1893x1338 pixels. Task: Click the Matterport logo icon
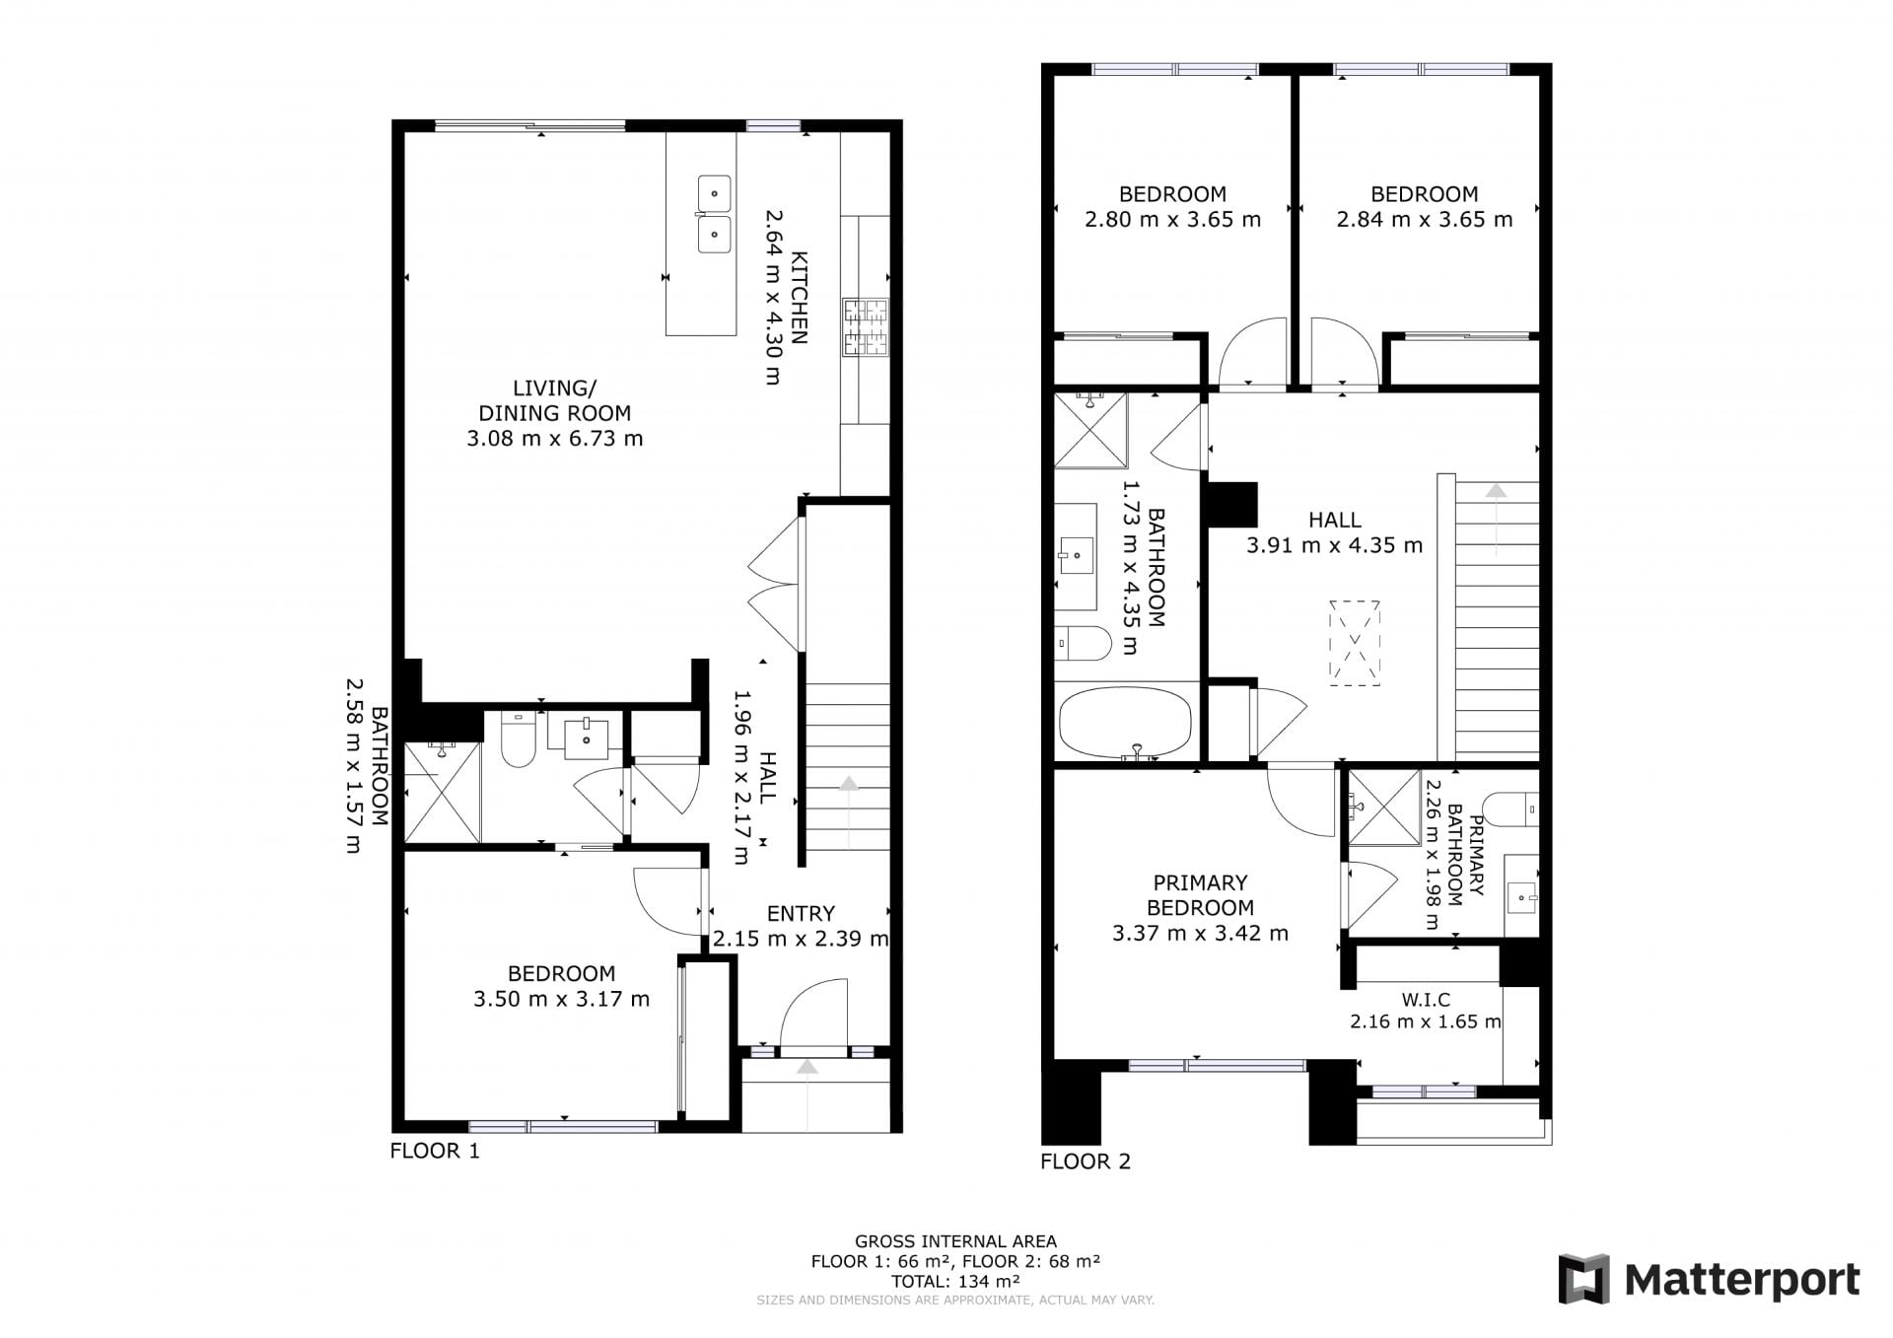(x=1583, y=1279)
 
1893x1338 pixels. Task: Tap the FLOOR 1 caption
(x=435, y=1151)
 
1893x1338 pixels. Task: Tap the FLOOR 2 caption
(x=1086, y=1162)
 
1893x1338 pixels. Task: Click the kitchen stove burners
(x=865, y=326)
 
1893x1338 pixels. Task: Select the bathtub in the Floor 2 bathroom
(x=1125, y=722)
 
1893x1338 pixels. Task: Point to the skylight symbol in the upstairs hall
(x=1356, y=643)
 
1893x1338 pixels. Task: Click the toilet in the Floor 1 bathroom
(x=518, y=739)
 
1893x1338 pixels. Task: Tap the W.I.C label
(x=1426, y=1000)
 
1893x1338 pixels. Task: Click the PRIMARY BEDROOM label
(x=1200, y=895)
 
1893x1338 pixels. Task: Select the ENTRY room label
(x=801, y=914)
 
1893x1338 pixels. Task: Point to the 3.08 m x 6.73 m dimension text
(x=555, y=439)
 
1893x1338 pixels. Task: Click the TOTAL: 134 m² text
(x=955, y=1282)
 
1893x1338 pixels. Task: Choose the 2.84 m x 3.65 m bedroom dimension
(x=1425, y=219)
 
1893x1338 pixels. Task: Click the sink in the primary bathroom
(x=1523, y=896)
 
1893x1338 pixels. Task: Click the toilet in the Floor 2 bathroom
(x=1083, y=643)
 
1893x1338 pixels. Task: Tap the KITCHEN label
(x=799, y=299)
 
